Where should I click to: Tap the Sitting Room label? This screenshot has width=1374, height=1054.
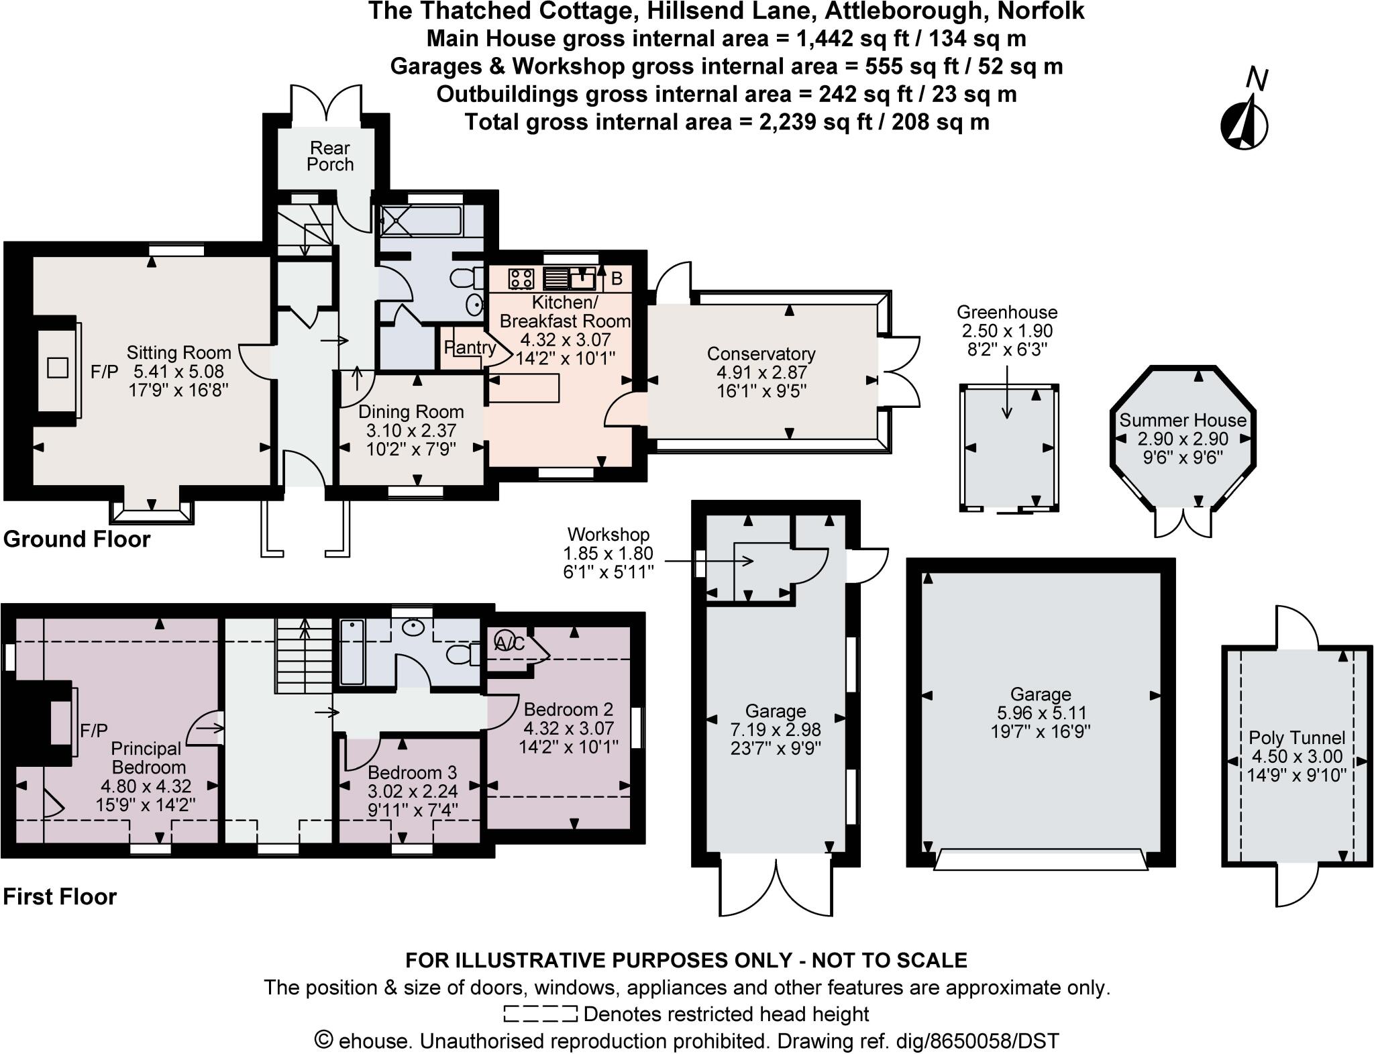(x=178, y=353)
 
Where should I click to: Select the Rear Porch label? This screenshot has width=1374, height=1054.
(x=330, y=156)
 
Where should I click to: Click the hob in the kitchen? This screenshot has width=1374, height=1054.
(x=521, y=278)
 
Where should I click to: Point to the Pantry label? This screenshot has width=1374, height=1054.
(x=469, y=348)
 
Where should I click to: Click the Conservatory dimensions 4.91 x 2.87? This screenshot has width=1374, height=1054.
(x=761, y=372)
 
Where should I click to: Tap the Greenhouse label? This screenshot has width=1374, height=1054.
(x=1006, y=313)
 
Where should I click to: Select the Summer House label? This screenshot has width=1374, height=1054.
(x=1182, y=421)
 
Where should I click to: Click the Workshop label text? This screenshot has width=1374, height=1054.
(x=608, y=535)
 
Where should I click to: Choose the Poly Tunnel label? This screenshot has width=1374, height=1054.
(x=1296, y=738)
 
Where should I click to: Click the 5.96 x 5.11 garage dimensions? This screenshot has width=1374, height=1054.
(x=1040, y=713)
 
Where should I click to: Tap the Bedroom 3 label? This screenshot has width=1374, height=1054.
(x=412, y=773)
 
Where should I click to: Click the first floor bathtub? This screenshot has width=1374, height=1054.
(x=352, y=652)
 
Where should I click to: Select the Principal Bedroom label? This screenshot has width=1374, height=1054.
(x=146, y=758)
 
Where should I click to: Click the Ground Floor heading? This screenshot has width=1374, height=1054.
(x=77, y=539)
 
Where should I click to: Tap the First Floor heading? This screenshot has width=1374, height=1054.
(x=60, y=897)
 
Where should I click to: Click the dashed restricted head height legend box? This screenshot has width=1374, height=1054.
(x=540, y=1013)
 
